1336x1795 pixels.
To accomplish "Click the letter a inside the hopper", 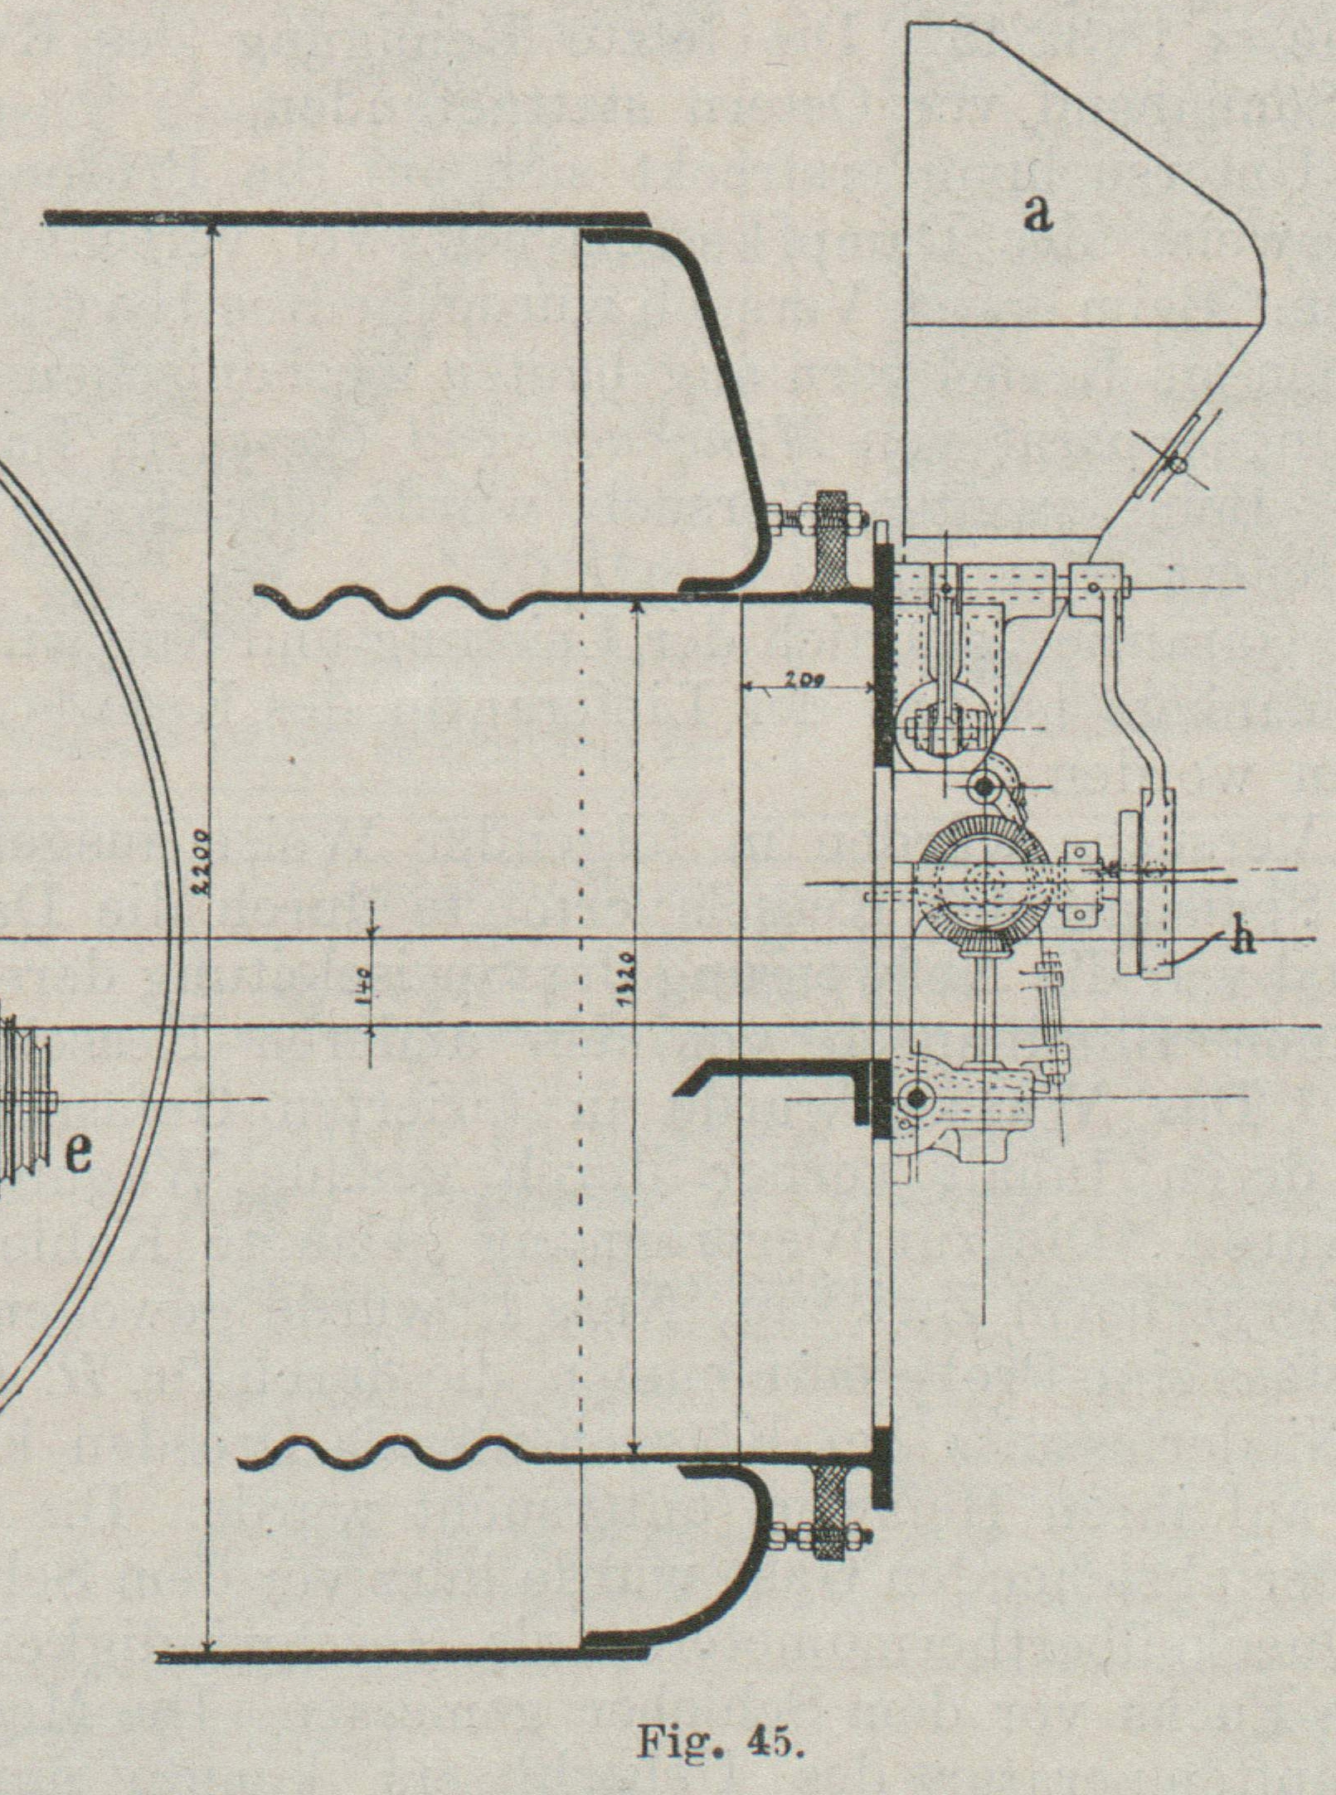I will (1037, 215).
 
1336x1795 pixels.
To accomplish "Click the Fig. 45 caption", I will (720, 1742).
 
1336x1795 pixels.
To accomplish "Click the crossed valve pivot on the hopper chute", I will (1173, 464).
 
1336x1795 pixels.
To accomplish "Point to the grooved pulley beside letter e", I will (25, 1103).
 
